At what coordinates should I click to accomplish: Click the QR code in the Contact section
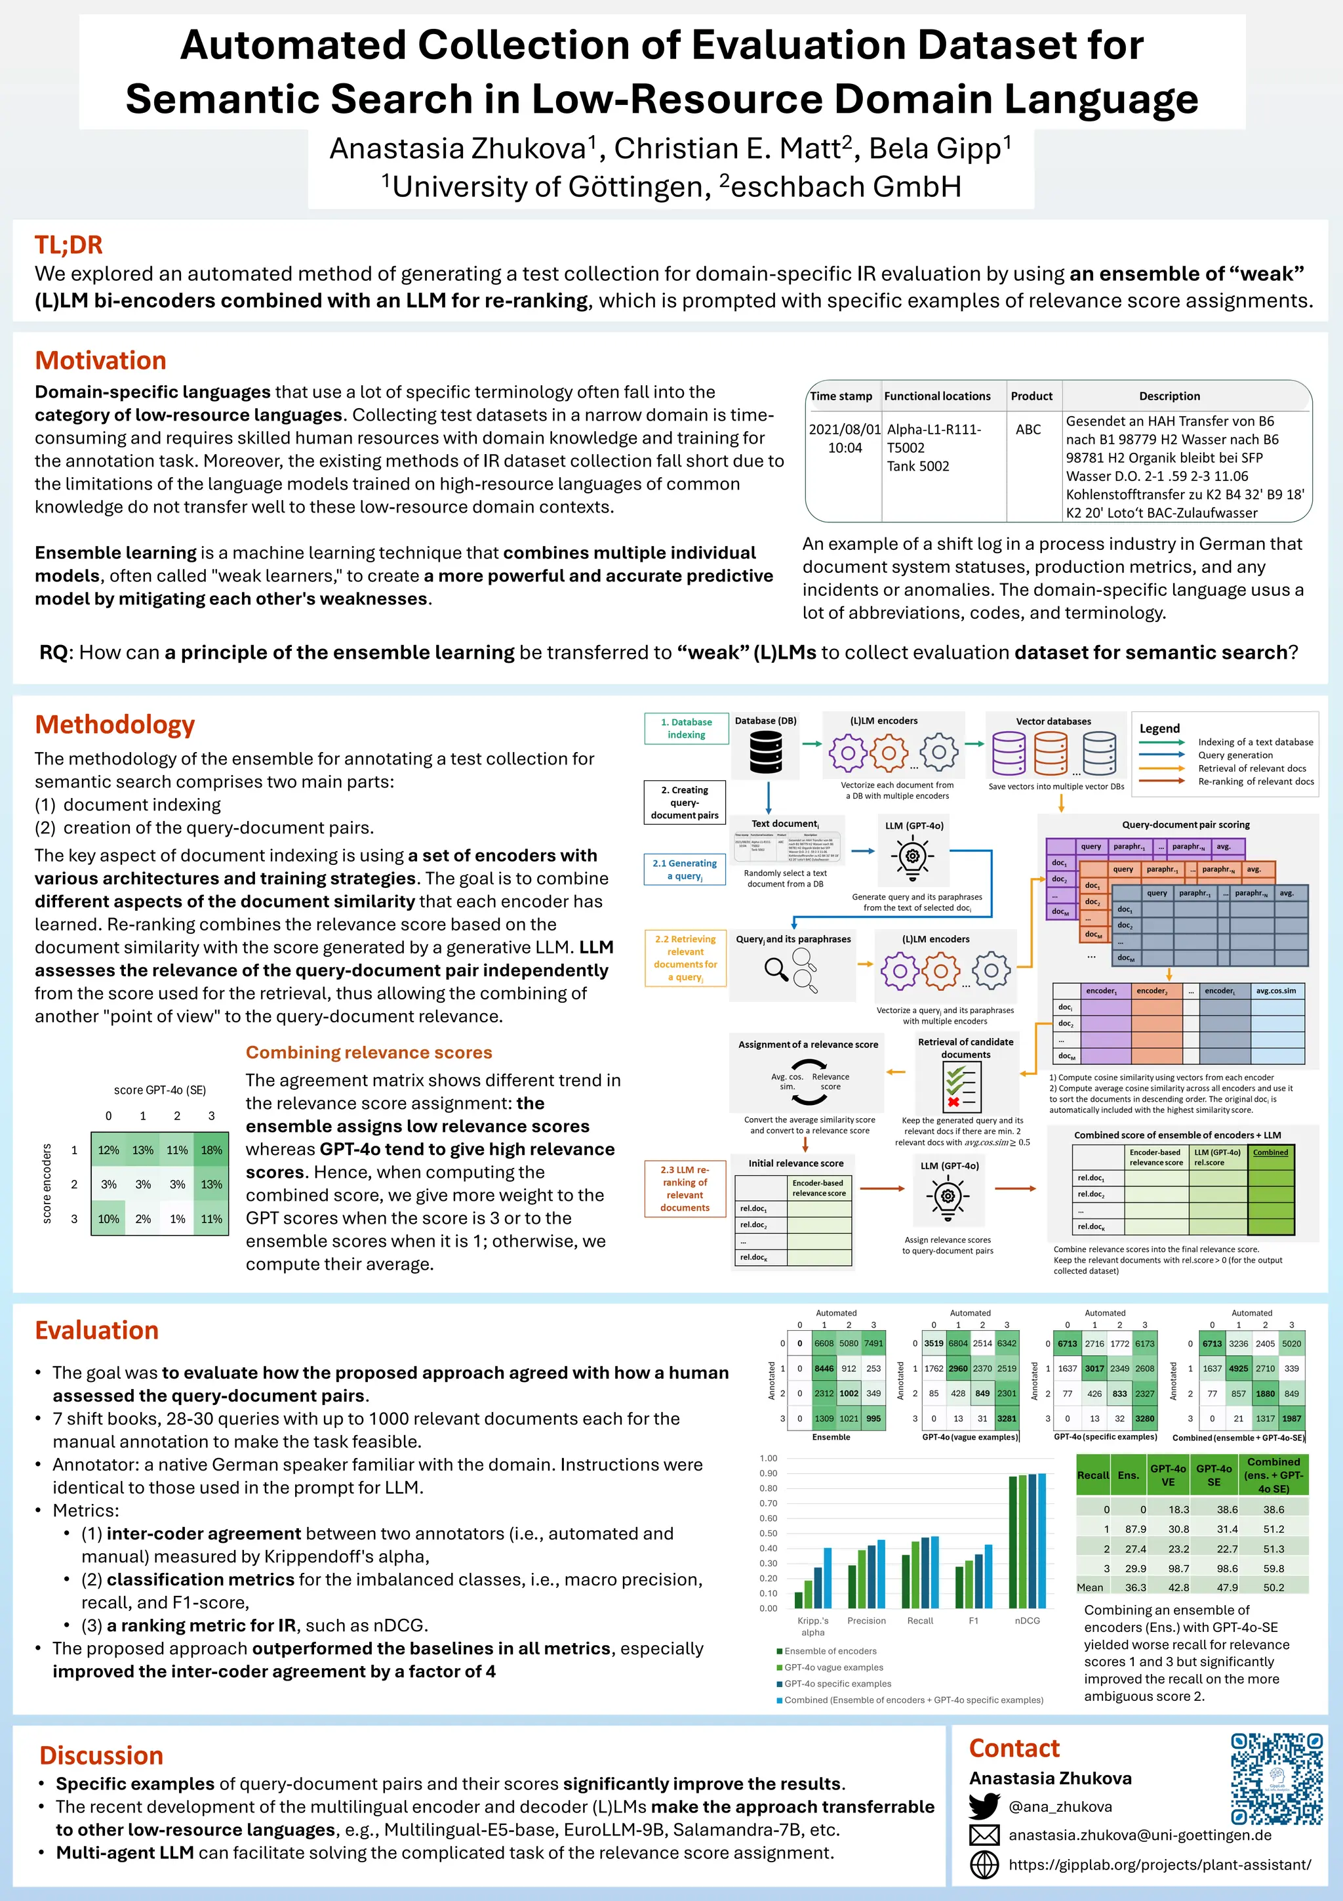1276,1778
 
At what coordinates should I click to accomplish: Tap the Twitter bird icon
984,1806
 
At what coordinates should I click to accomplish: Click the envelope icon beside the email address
984,1835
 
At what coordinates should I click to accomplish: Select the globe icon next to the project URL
984,1864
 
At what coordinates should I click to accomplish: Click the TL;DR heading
69,245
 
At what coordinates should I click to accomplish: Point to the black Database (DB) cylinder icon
765,753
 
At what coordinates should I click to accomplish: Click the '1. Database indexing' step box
686,728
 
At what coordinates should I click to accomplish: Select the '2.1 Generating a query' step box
685,869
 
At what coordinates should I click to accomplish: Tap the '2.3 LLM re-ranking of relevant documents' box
685,1188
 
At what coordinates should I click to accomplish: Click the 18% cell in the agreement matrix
211,1150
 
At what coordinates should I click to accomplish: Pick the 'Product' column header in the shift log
1031,396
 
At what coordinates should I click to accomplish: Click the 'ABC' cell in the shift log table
1028,430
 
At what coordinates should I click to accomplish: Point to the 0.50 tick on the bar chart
768,1534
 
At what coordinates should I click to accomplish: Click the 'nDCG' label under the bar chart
1027,1620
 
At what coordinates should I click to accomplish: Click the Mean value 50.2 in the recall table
1273,1587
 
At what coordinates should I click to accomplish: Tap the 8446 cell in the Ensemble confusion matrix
824,1369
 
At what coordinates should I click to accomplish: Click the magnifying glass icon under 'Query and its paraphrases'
775,968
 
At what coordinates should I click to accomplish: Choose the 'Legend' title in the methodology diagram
1159,728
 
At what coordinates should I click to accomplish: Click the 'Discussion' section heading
101,1755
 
